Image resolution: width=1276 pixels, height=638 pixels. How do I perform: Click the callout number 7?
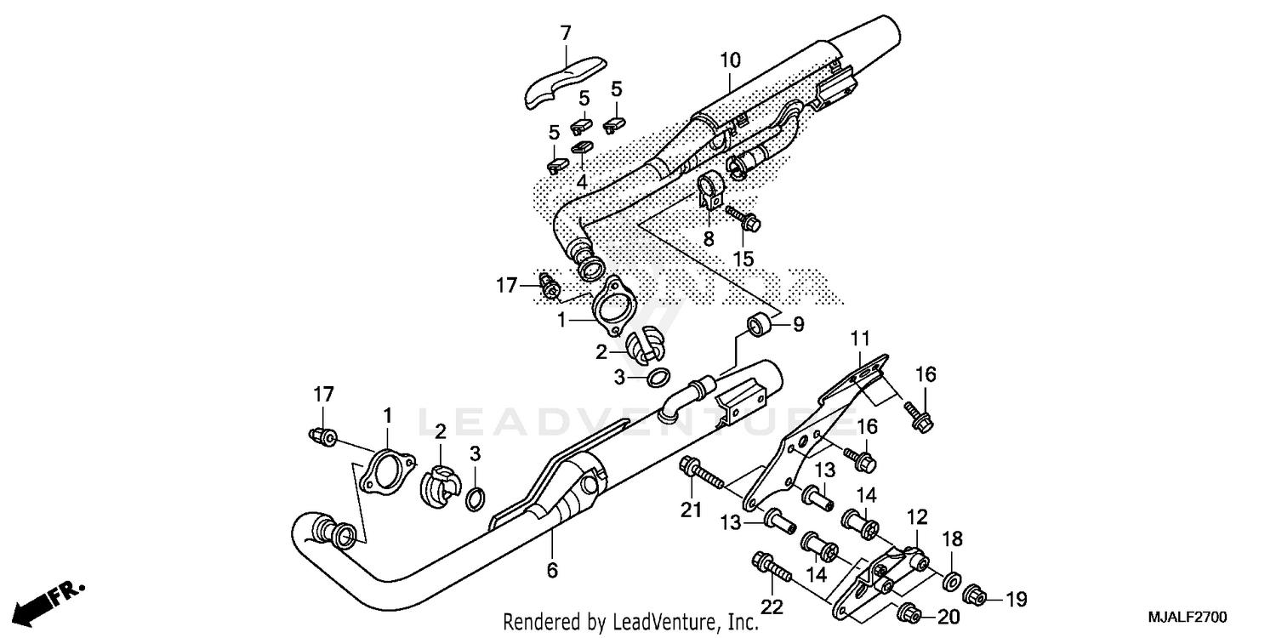click(x=566, y=34)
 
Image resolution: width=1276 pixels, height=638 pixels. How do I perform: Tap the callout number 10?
click(x=730, y=60)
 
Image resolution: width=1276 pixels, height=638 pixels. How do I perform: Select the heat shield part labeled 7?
click(x=562, y=83)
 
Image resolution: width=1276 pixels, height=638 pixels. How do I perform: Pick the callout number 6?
click(x=552, y=570)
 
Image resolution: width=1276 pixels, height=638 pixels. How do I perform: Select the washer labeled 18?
click(x=953, y=582)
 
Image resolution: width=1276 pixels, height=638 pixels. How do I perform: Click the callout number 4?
click(x=582, y=181)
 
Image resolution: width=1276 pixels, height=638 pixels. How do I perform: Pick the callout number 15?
click(x=743, y=257)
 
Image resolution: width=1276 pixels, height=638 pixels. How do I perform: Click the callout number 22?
click(x=772, y=607)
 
